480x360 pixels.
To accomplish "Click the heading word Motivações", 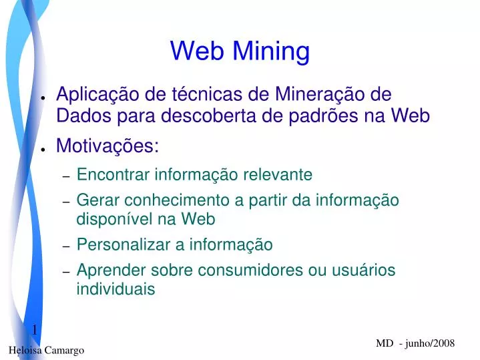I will click(107, 145).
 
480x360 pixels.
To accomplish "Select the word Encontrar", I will click(113, 175).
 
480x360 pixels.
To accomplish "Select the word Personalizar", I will click(124, 244).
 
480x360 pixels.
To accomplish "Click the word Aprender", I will click(107, 270).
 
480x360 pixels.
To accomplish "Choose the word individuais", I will click(115, 289).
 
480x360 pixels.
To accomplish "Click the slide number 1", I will click(34, 330).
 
